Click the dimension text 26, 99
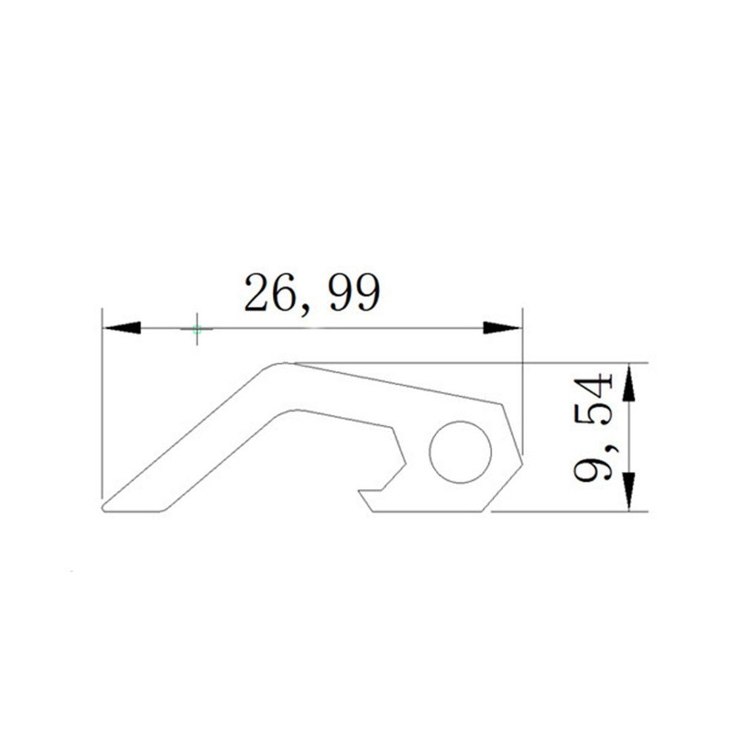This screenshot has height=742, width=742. (312, 293)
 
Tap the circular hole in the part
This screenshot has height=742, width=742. (460, 452)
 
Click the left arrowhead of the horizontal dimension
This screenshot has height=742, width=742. (122, 327)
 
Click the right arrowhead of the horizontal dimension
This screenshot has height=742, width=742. (502, 327)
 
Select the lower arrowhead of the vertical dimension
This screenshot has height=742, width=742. (629, 492)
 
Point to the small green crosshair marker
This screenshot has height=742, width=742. (197, 329)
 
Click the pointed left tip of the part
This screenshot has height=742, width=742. (103, 508)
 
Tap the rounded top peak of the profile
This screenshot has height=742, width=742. (282, 364)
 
